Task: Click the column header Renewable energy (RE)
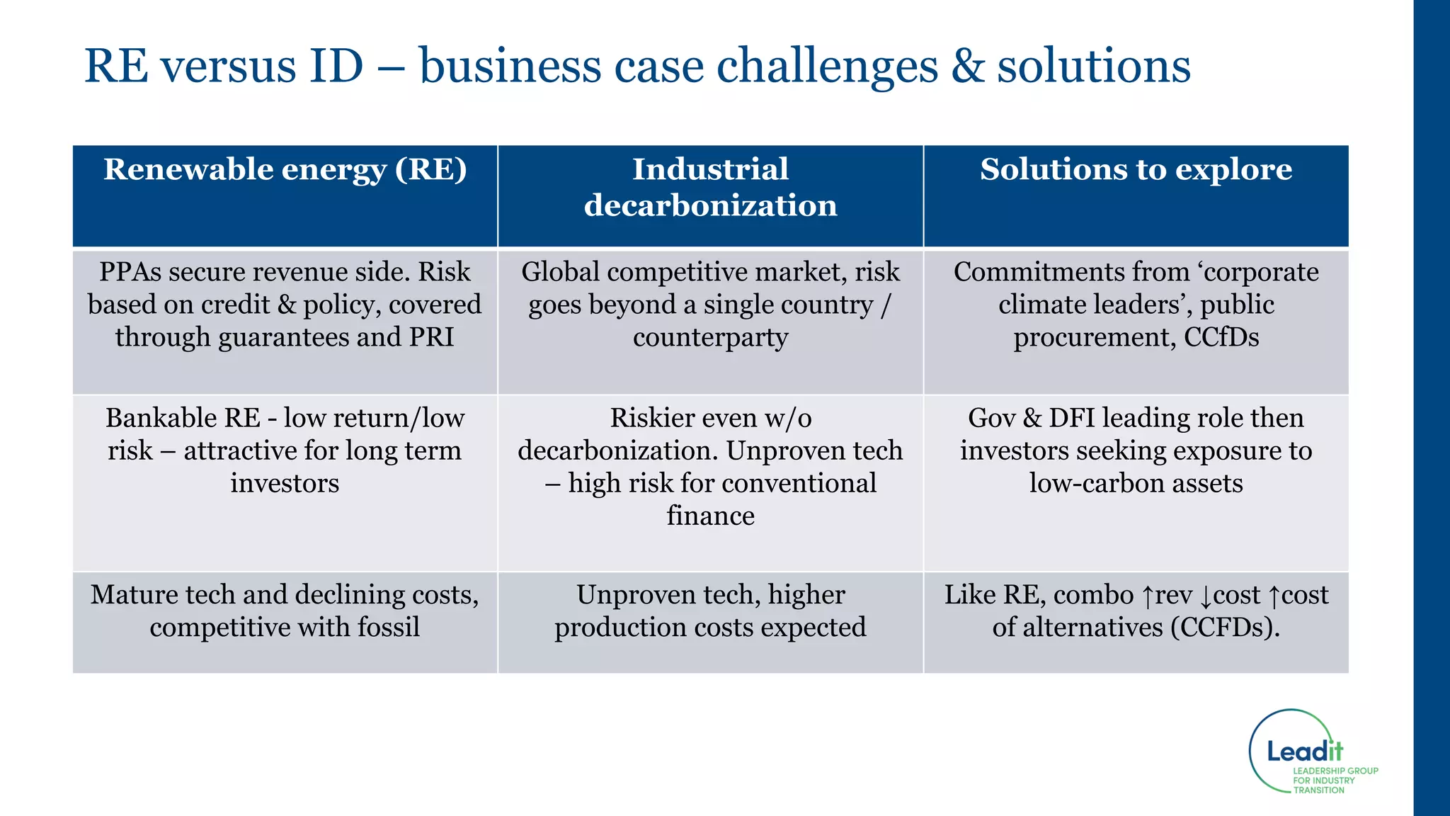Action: [x=285, y=170]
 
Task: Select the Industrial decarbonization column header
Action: [x=710, y=188]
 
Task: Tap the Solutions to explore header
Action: [x=1136, y=170]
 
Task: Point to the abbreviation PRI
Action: [x=431, y=337]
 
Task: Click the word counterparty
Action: [x=710, y=337]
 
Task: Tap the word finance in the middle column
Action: [x=710, y=516]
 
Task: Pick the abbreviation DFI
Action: [x=1072, y=418]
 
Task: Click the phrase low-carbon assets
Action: [x=1136, y=483]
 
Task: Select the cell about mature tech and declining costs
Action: [x=285, y=611]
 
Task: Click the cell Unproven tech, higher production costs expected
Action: [x=710, y=611]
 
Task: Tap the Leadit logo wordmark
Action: [x=1304, y=752]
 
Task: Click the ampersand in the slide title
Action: [x=967, y=66]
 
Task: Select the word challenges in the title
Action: [x=827, y=66]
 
